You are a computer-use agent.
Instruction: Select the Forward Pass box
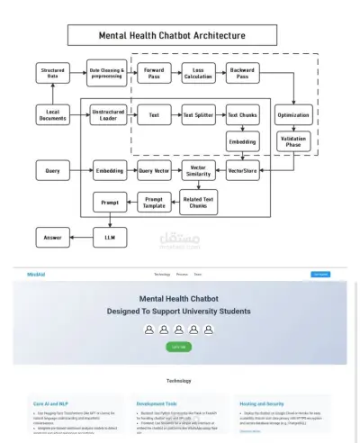pos(154,73)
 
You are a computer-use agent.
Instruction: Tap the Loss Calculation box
pos(197,73)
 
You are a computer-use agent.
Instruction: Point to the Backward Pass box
pos(241,73)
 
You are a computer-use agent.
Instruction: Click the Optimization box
pos(292,115)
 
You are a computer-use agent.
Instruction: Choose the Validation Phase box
pos(292,141)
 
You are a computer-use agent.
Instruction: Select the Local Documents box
pos(53,115)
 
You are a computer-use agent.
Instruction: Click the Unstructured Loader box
pos(108,115)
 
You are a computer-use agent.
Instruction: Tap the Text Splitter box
pos(197,115)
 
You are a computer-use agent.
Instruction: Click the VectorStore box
pos(243,170)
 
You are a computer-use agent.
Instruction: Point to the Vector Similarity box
pos(198,170)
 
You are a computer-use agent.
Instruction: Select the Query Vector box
pos(154,170)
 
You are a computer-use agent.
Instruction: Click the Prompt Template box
pos(154,203)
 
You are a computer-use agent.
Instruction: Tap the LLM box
pos(108,238)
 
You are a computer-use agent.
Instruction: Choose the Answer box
pos(53,238)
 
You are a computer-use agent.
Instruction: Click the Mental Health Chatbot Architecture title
pos(171,35)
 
